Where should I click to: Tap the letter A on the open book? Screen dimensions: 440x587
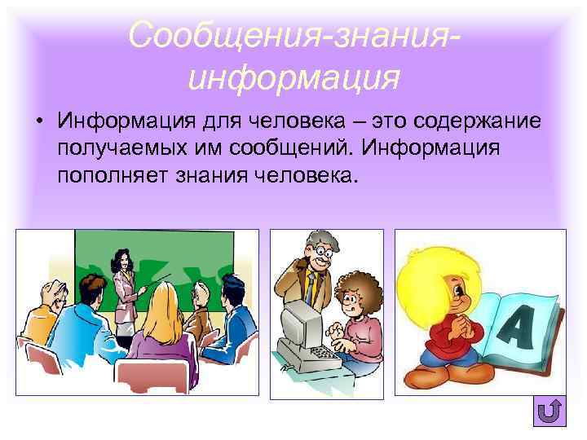(x=516, y=326)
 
